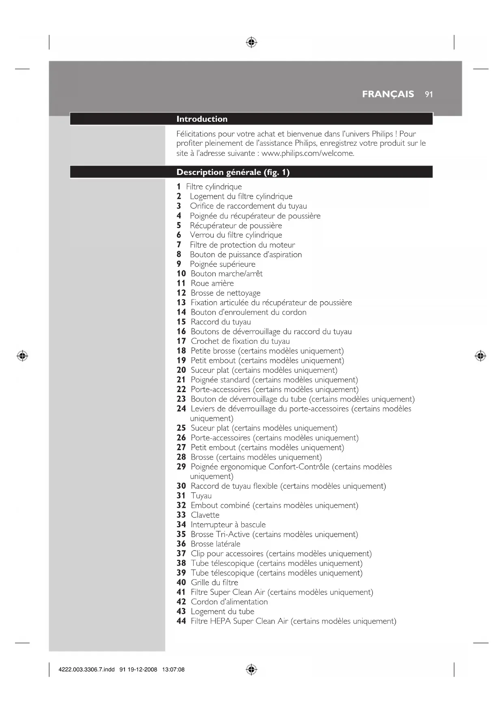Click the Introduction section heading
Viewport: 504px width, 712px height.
click(202, 119)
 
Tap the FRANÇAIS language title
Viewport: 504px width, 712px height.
click(388, 94)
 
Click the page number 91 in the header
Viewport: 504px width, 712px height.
click(429, 95)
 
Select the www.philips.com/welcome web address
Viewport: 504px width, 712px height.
click(307, 153)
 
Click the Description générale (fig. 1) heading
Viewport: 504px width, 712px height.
click(233, 172)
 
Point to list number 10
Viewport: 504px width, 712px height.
click(181, 274)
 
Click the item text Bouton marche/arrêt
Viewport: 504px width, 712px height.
click(227, 274)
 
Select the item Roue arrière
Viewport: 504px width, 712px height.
click(212, 283)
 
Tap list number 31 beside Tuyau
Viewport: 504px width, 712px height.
click(181, 496)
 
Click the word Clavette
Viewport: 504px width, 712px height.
click(205, 515)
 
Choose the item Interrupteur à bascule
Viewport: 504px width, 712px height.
click(228, 524)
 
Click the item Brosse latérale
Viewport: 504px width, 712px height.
click(215, 544)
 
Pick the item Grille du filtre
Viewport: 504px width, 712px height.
click(214, 583)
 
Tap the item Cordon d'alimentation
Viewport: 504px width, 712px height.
click(229, 602)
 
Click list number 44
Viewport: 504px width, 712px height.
click(181, 621)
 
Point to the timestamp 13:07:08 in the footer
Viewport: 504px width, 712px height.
click(173, 669)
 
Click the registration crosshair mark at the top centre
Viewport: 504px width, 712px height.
click(251, 42)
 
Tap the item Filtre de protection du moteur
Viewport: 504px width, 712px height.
click(242, 245)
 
